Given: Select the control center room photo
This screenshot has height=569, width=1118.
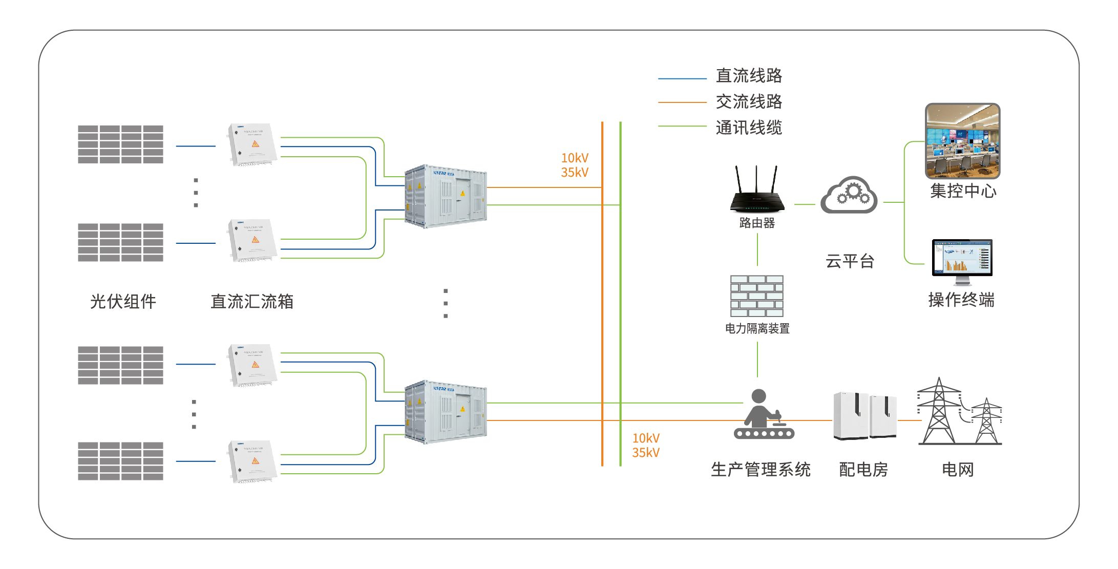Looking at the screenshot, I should click(962, 141).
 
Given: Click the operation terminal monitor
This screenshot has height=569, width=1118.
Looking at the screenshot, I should click(962, 260).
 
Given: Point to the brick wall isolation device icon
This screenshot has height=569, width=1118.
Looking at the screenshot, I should click(757, 296).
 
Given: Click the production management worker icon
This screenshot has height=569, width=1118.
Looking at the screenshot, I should click(763, 414).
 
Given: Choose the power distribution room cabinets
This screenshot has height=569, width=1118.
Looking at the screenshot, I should click(864, 416).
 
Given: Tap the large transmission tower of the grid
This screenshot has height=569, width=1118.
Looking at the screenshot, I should click(938, 412).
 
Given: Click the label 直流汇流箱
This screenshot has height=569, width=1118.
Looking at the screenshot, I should click(252, 301).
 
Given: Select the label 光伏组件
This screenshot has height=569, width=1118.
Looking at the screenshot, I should click(123, 301).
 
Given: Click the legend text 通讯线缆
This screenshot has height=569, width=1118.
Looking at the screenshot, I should click(749, 128).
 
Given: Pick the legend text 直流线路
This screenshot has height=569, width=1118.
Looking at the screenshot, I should click(749, 75).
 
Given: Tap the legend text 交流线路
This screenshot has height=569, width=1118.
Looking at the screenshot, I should click(749, 101).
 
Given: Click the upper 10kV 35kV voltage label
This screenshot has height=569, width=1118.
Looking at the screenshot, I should click(575, 165).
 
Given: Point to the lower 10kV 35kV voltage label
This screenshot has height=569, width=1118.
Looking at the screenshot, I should click(646, 445).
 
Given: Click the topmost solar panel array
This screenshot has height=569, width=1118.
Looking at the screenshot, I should click(120, 144).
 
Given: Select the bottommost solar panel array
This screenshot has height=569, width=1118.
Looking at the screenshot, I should click(120, 461).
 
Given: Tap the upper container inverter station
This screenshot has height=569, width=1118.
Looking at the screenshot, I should click(446, 196).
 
